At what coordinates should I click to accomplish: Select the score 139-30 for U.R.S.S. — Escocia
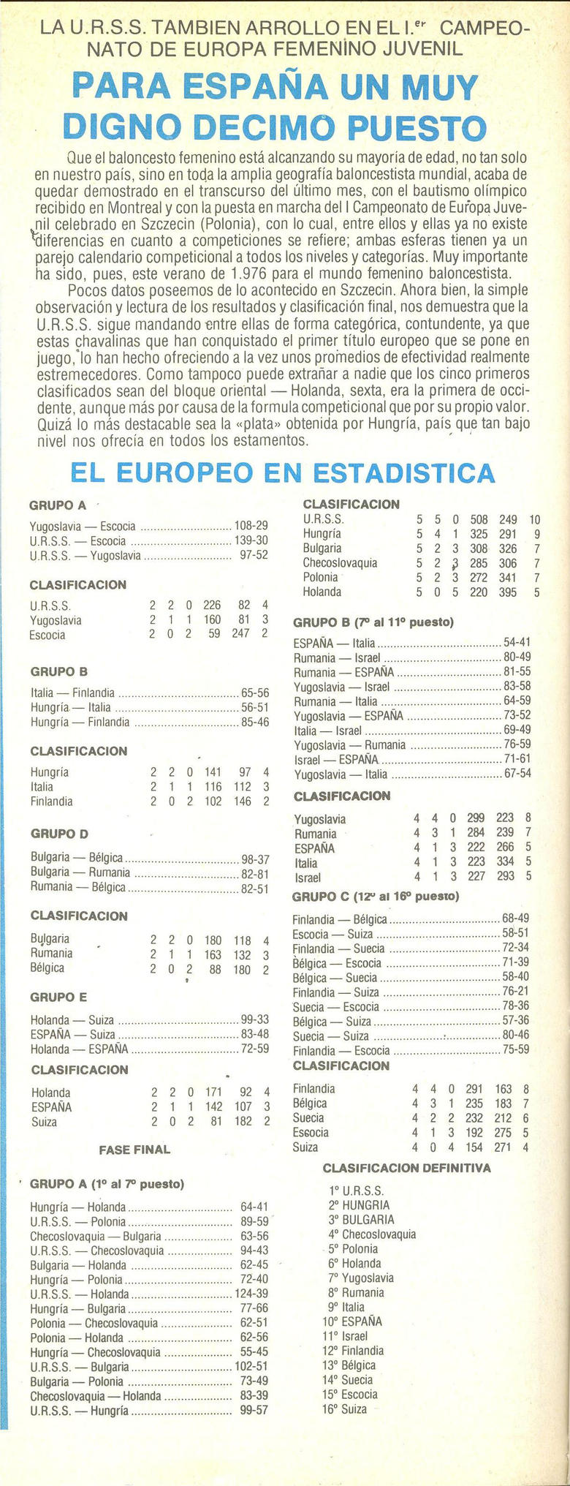pos(251,540)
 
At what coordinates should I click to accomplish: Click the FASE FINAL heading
pos(134,1150)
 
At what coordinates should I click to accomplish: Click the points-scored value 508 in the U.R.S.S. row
pos(479,519)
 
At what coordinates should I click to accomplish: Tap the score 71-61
pos(517,759)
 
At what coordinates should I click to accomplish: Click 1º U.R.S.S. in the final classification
pos(357,1190)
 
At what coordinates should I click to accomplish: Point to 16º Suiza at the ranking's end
pos(345,1408)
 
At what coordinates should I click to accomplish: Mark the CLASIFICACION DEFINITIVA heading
pos(406,1168)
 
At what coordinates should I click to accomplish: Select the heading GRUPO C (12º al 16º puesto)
pos(376,897)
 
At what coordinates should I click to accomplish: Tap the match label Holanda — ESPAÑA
pos(80,1049)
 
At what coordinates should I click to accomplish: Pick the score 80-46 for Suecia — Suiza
pos(516,1036)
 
